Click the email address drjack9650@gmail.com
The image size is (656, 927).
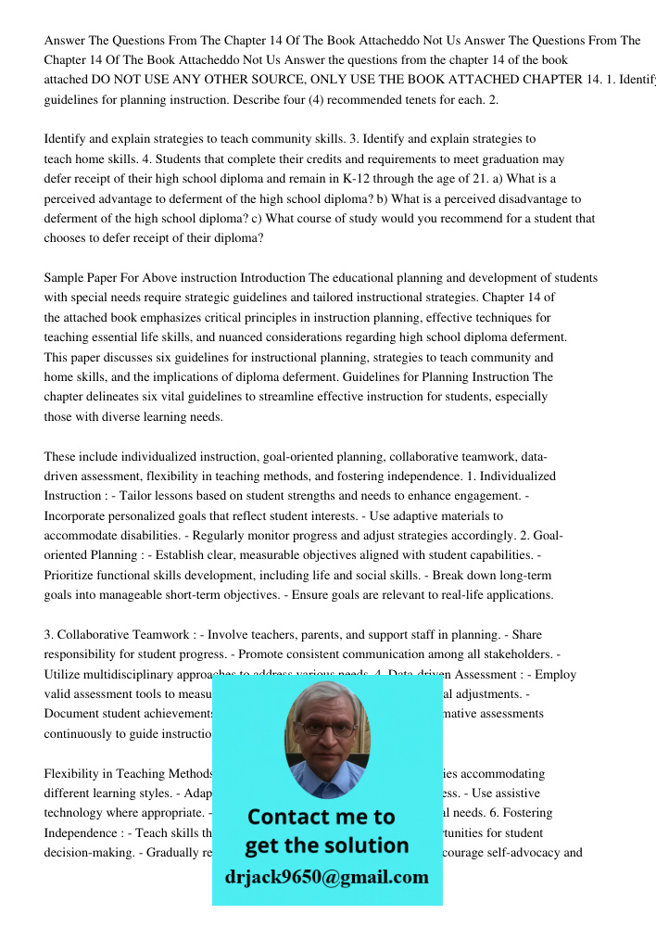tap(327, 877)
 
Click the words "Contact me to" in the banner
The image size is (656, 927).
tap(321, 817)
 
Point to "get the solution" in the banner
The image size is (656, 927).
tap(326, 845)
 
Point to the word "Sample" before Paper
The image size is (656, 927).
tap(64, 278)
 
